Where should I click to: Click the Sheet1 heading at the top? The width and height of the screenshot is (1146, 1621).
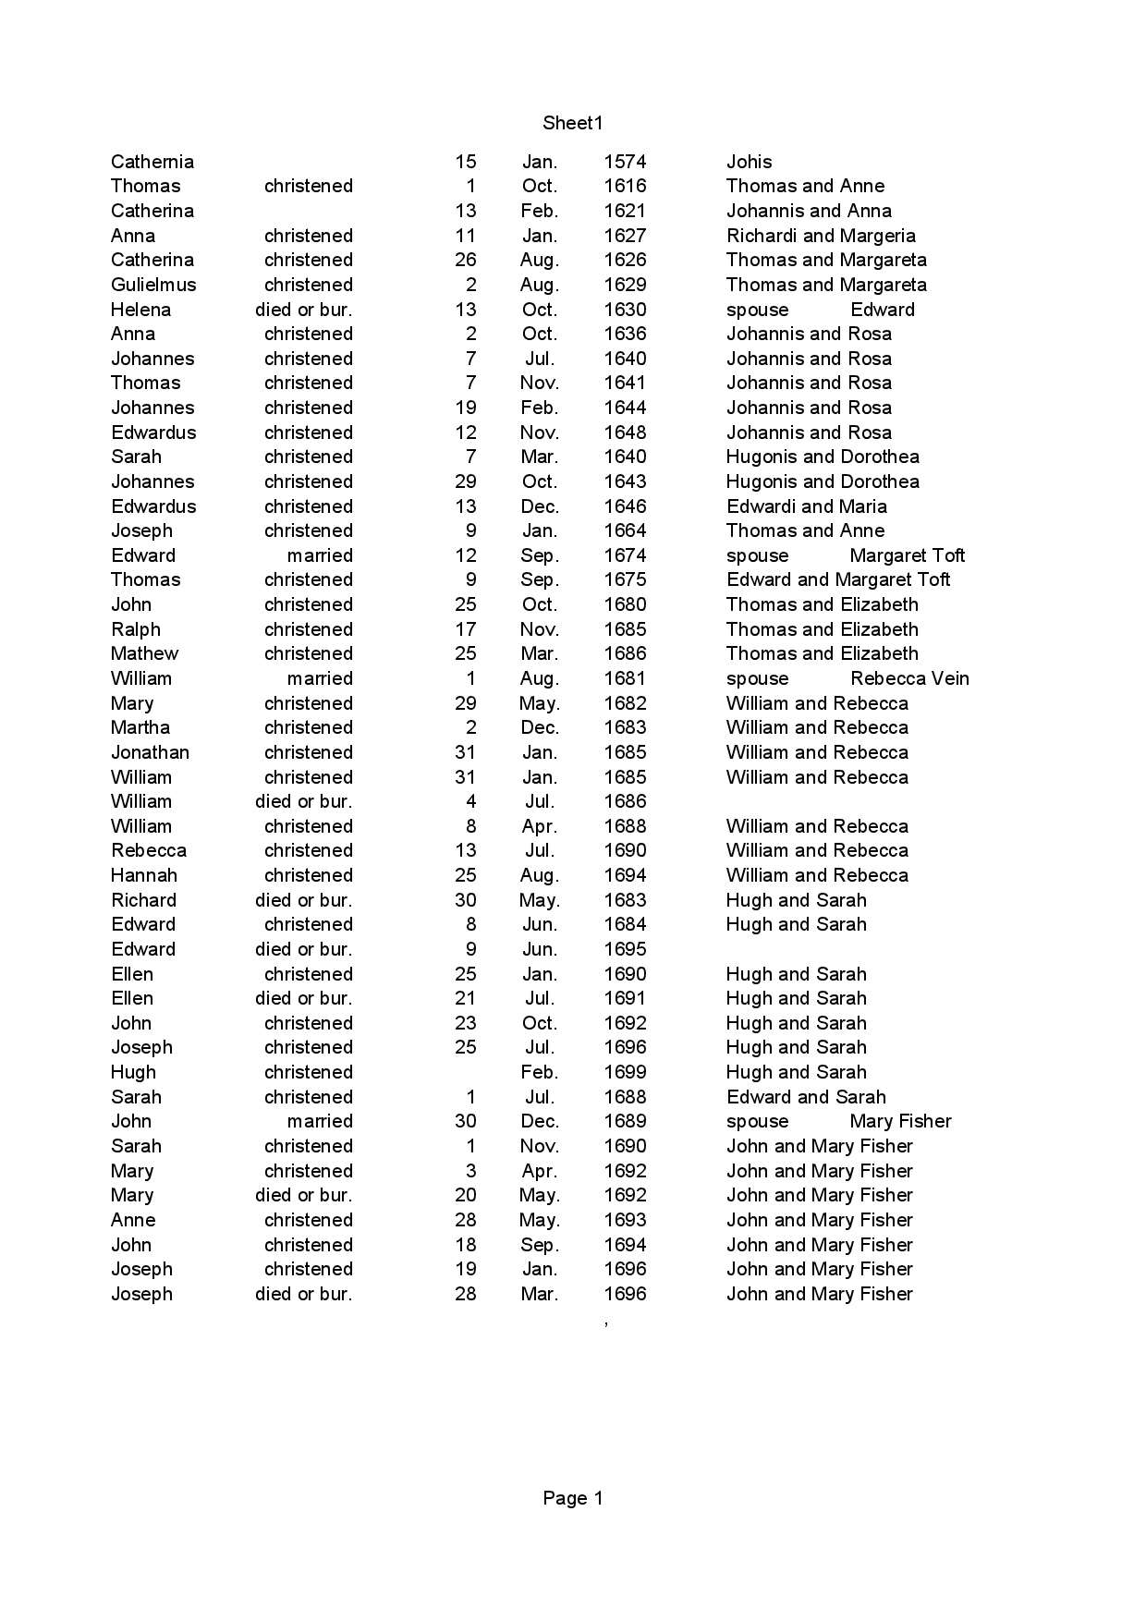pos(572,123)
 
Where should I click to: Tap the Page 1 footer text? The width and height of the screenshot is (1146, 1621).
pos(572,1498)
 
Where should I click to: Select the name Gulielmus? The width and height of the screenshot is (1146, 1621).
pos(153,285)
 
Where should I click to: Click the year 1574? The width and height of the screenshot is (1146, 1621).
pos(625,162)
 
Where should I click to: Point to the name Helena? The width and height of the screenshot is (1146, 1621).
pos(140,310)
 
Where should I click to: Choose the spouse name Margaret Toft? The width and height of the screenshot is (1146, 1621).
pos(907,555)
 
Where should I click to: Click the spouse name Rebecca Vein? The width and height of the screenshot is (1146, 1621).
pos(909,678)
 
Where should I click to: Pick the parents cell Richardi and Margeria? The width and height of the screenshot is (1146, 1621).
pos(821,236)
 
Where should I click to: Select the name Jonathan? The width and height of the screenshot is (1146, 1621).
pos(150,752)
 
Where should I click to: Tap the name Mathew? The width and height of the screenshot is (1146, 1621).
pos(144,653)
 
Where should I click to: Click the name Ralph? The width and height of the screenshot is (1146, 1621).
pos(136,629)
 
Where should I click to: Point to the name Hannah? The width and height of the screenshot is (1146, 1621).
pos(144,875)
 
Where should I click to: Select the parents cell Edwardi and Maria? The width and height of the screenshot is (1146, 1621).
pos(806,506)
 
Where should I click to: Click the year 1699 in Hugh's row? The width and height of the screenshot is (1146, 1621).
pos(625,1072)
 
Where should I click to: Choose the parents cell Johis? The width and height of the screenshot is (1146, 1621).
pos(749,162)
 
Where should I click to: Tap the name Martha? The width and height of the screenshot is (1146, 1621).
pos(140,727)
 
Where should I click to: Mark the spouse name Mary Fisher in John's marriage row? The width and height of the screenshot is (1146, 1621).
pos(900,1121)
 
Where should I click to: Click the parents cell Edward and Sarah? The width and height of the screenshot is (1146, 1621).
pos(806,1097)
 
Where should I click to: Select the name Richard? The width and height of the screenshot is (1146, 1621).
pos(143,900)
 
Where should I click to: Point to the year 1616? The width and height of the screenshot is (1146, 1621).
pos(625,186)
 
